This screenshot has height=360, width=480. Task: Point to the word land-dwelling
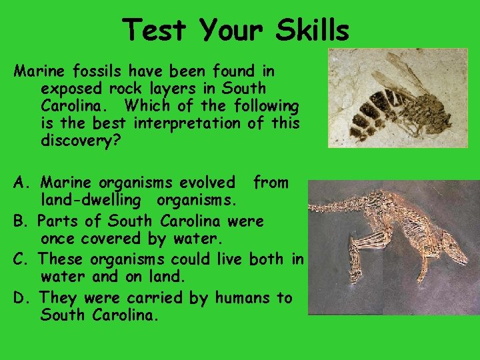(x=91, y=200)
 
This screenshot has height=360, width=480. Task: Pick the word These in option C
(x=63, y=259)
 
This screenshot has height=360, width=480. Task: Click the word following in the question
(x=262, y=106)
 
